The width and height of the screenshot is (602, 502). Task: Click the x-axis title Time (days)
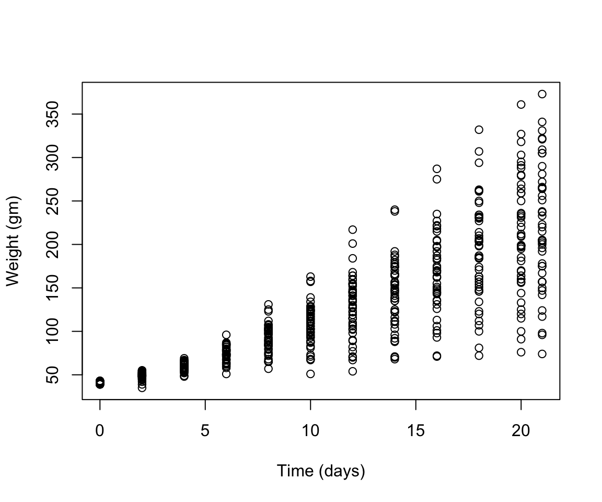coord(320,471)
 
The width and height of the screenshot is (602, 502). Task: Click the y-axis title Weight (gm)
coord(13,241)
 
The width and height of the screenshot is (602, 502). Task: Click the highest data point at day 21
coord(542,94)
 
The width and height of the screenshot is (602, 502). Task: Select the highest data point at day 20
coord(521,105)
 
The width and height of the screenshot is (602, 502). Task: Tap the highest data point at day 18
coord(479,130)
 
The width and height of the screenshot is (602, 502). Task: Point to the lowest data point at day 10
coord(310,374)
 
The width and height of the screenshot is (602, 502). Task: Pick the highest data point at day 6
coord(226,335)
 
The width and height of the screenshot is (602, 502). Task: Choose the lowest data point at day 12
coord(353,371)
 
